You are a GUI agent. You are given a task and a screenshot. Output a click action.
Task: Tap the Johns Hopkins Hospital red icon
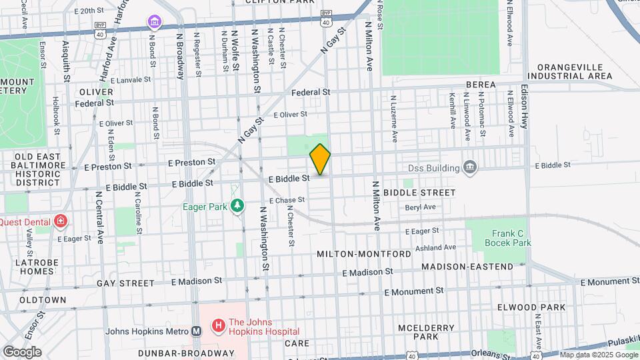(x=217, y=326)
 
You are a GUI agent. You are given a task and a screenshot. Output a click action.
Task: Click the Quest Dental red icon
(x=61, y=220)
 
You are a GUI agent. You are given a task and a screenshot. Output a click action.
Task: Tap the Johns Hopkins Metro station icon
(x=197, y=331)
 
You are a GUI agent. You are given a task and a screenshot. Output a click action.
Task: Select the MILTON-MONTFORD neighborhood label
(x=363, y=255)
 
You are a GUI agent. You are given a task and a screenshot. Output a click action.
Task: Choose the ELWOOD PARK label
(x=531, y=307)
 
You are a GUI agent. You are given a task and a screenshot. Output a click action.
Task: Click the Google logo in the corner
(x=22, y=352)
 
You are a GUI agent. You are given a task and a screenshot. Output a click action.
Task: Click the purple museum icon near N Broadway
(x=155, y=24)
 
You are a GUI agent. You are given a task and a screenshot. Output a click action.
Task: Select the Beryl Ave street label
(x=420, y=207)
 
